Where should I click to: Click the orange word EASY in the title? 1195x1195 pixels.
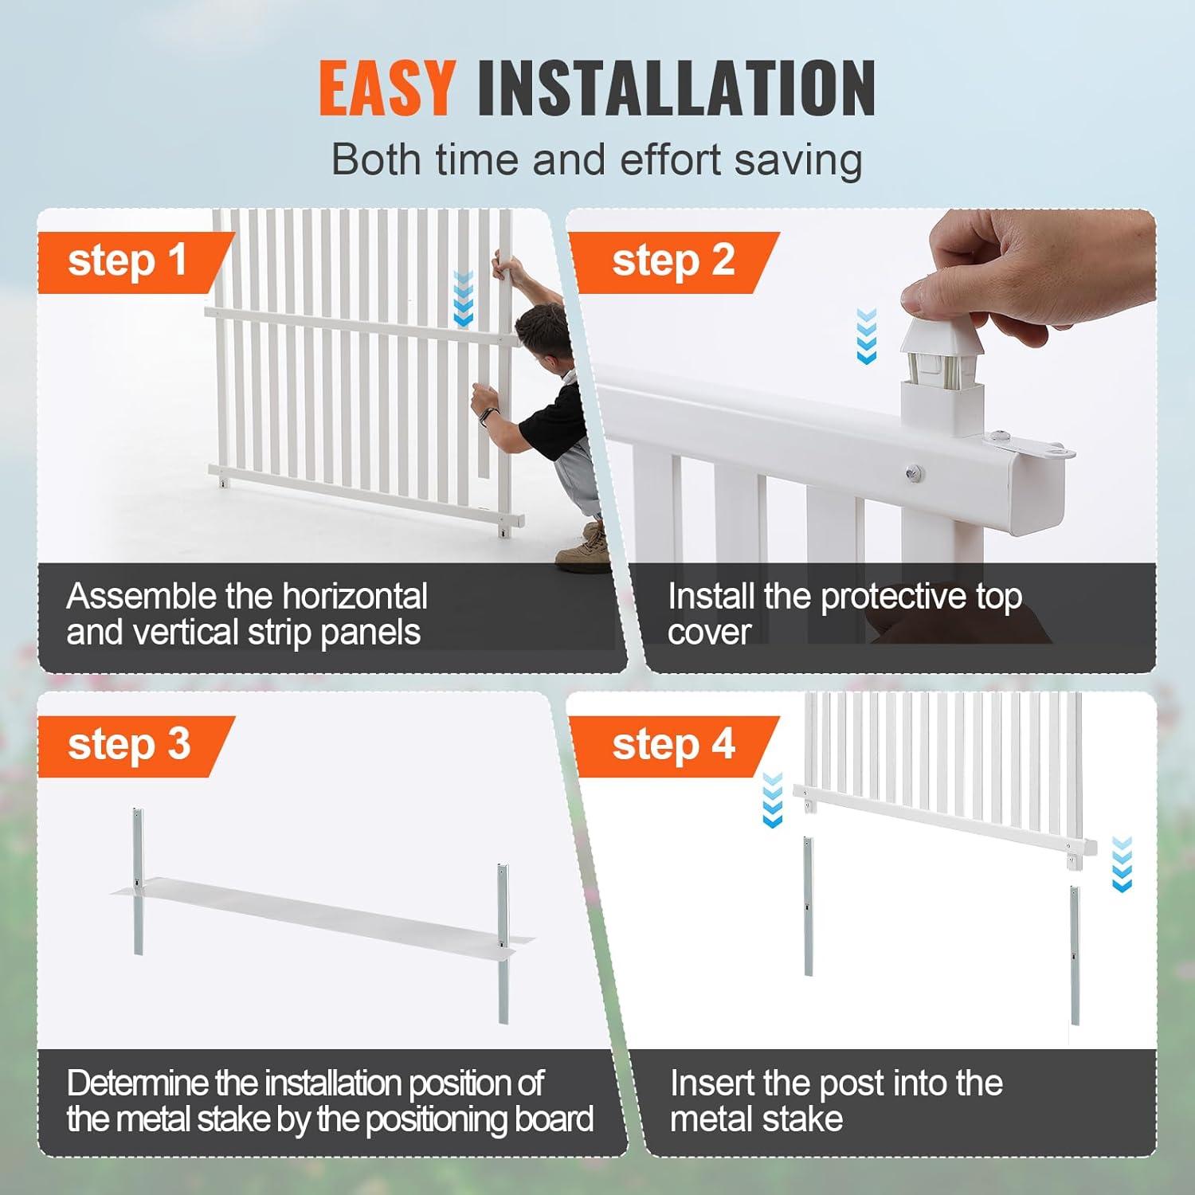(x=387, y=88)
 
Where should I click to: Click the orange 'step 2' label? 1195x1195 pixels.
(x=673, y=262)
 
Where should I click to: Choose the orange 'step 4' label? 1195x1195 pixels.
(x=673, y=746)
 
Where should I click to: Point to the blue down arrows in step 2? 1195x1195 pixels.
(x=866, y=336)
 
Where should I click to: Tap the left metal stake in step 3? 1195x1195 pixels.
(x=139, y=881)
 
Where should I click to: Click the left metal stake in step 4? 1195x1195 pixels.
(x=808, y=907)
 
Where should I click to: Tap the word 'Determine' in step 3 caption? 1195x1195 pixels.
(x=138, y=1083)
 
